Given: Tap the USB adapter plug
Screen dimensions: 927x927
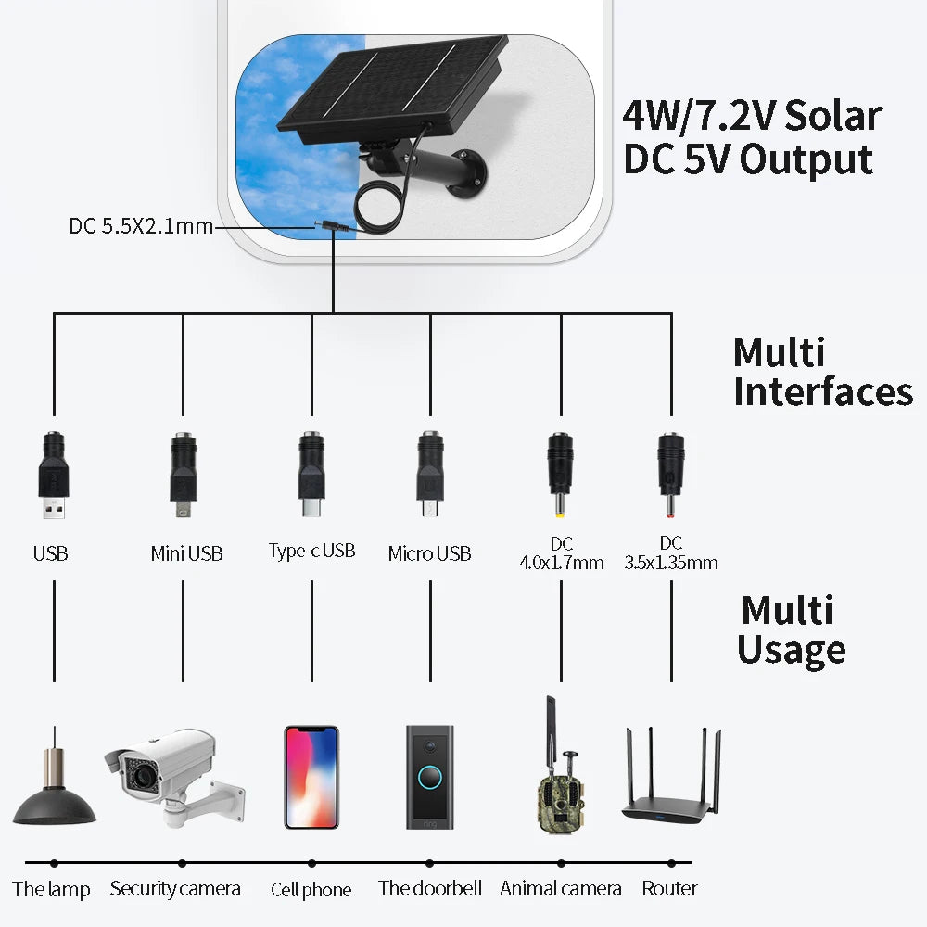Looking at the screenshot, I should tap(53, 473).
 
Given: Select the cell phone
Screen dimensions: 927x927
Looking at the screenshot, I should tap(311, 777).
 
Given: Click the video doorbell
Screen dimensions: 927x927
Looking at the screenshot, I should tap(430, 777).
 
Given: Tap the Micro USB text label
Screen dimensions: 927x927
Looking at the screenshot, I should tap(429, 554).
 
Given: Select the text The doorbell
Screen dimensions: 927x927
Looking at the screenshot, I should tap(430, 888).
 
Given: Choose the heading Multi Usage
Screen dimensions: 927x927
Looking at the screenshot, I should tap(790, 630).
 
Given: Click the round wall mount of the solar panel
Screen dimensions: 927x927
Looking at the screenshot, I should tap(466, 179).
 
